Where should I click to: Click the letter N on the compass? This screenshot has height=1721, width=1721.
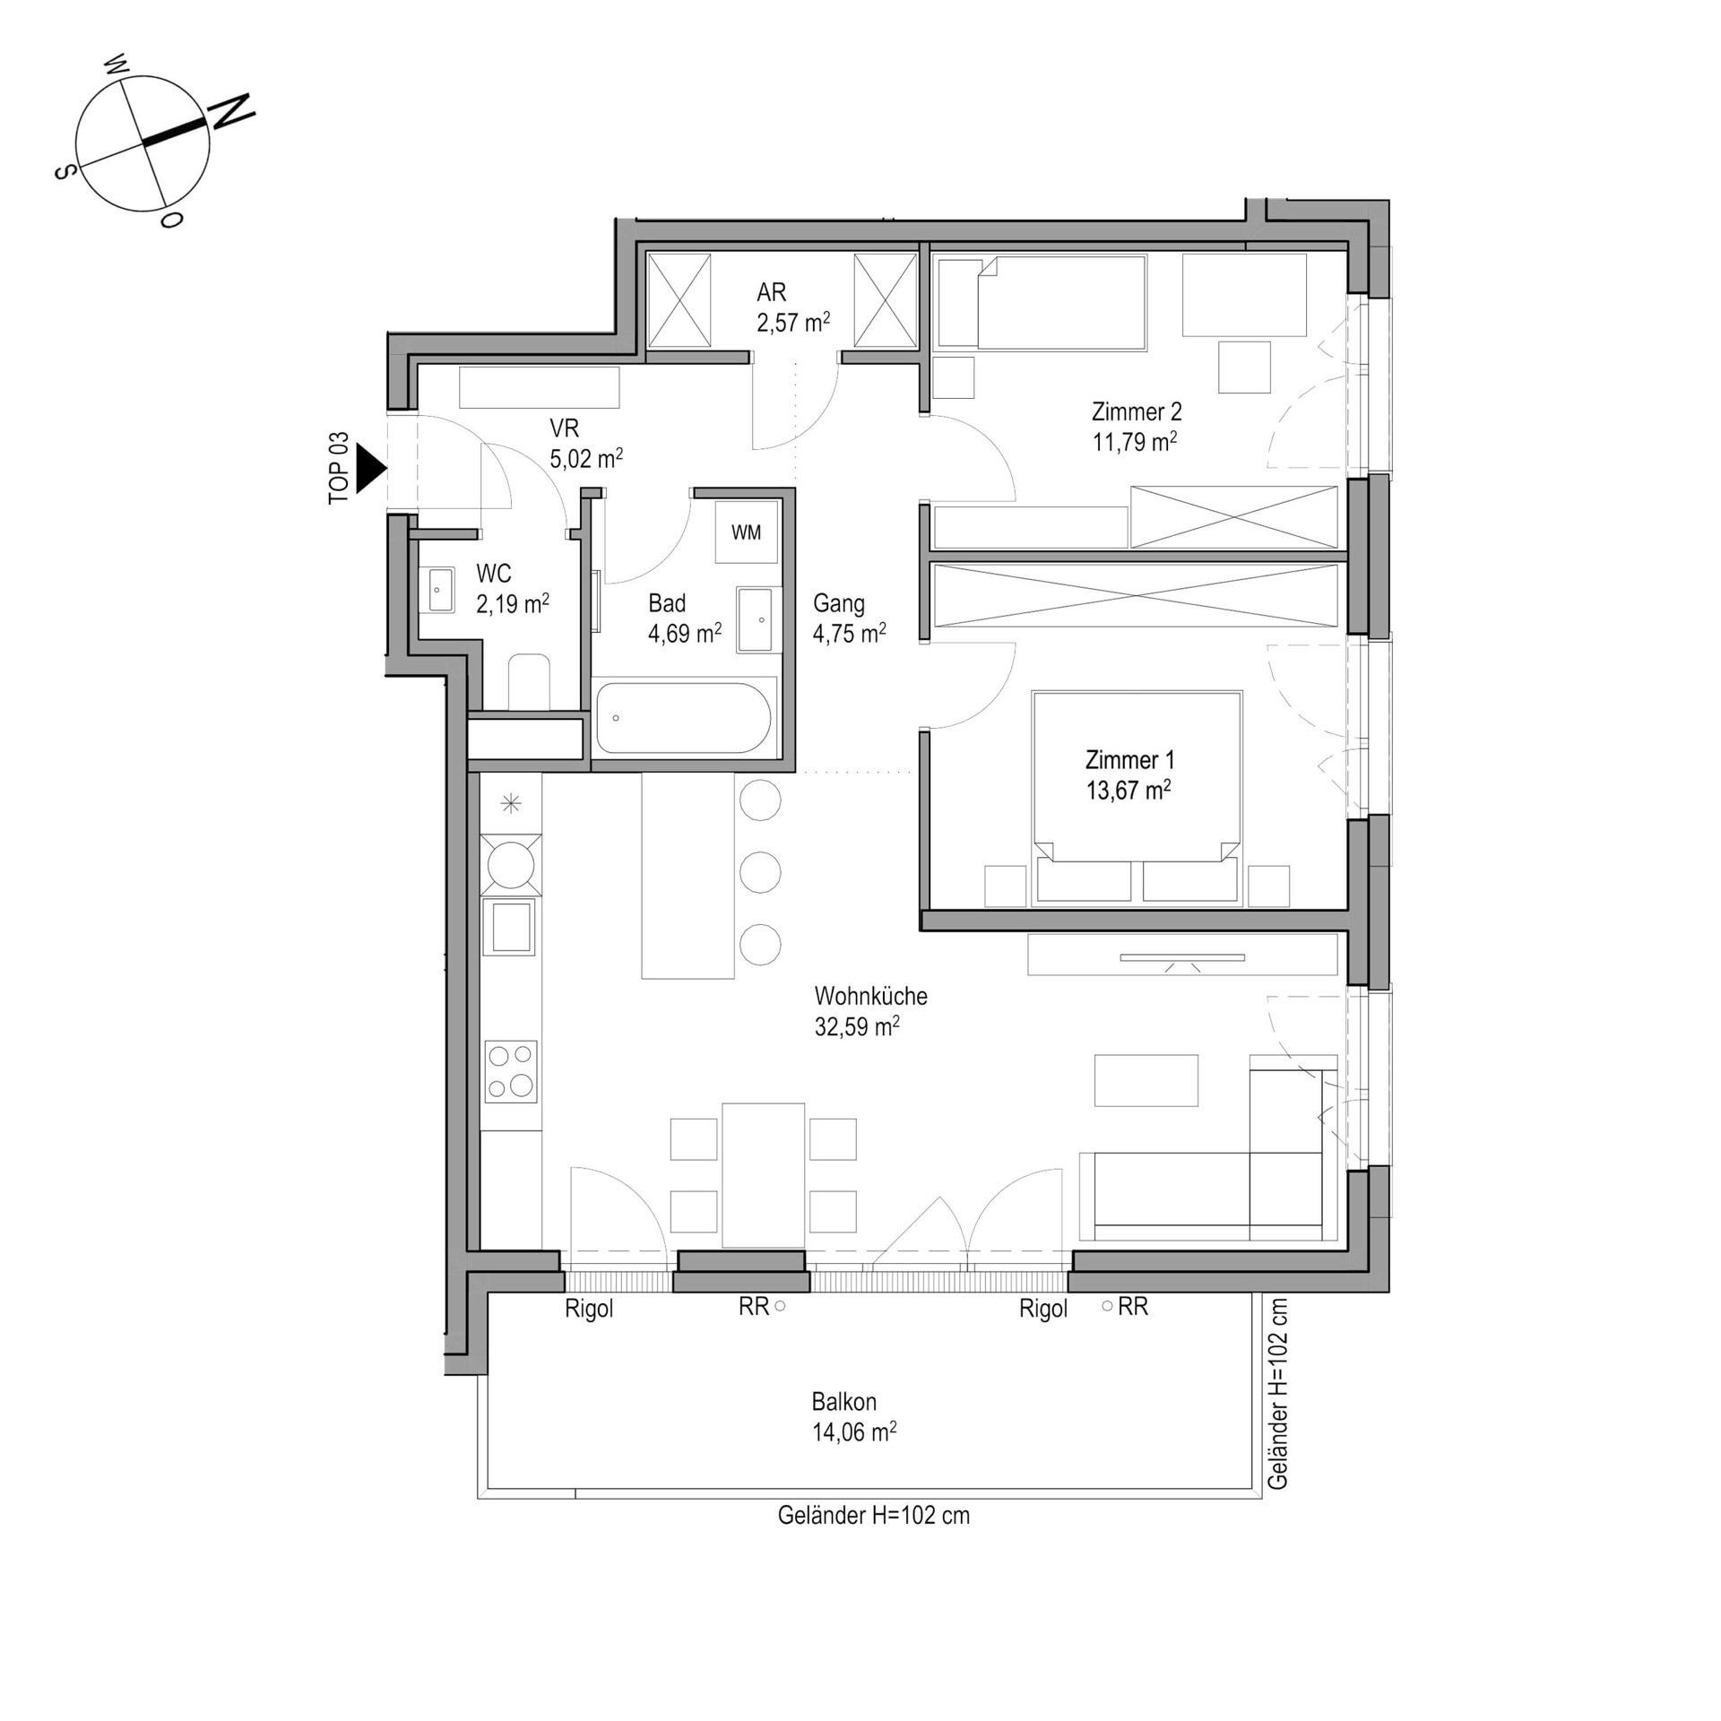pyautogui.click(x=231, y=111)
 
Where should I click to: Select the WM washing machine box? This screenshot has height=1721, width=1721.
pyautogui.click(x=746, y=532)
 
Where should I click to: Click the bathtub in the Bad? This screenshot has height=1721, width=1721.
pyautogui.click(x=683, y=718)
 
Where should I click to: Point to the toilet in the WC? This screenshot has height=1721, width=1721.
pyautogui.click(x=529, y=682)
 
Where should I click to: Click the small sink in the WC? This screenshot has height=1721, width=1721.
pyautogui.click(x=440, y=590)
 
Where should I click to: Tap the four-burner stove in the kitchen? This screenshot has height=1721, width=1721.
pyautogui.click(x=511, y=1071)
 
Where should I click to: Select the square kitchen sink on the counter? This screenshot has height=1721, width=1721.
pyautogui.click(x=511, y=927)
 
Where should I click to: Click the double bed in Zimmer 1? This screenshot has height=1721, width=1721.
pyautogui.click(x=1137, y=798)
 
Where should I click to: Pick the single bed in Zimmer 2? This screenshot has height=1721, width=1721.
pyautogui.click(x=1041, y=303)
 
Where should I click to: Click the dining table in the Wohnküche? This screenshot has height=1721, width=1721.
pyautogui.click(x=763, y=1175)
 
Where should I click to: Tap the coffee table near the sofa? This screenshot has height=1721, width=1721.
pyautogui.click(x=1146, y=1081)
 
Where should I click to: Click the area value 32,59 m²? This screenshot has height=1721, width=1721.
pyautogui.click(x=857, y=1026)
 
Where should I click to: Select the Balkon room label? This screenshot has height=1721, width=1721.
pyautogui.click(x=843, y=1402)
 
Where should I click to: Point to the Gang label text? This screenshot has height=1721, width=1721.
pyautogui.click(x=839, y=603)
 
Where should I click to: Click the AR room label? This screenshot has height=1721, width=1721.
pyautogui.click(x=771, y=291)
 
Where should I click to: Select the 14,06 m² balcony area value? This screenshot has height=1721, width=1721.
pyautogui.click(x=854, y=1432)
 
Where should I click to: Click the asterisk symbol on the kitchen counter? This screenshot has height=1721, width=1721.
pyautogui.click(x=511, y=803)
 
